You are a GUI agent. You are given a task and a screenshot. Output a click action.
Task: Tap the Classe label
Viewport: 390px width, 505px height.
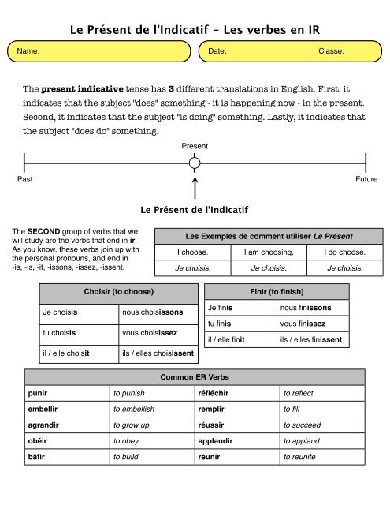click(331, 51)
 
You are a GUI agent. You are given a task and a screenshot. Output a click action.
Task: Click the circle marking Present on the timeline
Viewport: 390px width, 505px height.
click(195, 163)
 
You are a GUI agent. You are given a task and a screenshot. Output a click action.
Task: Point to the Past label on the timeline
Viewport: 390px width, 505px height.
click(24, 179)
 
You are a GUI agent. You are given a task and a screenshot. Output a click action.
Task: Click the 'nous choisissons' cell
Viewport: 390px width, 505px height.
click(152, 312)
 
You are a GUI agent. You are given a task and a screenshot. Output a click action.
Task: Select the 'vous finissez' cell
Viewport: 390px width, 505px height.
click(303, 324)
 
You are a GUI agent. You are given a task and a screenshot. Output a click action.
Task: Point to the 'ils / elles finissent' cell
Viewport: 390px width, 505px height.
click(310, 340)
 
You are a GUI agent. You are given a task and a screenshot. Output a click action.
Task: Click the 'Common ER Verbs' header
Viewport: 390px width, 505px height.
click(194, 377)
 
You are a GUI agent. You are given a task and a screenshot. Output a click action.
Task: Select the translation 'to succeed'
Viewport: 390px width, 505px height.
click(302, 425)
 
